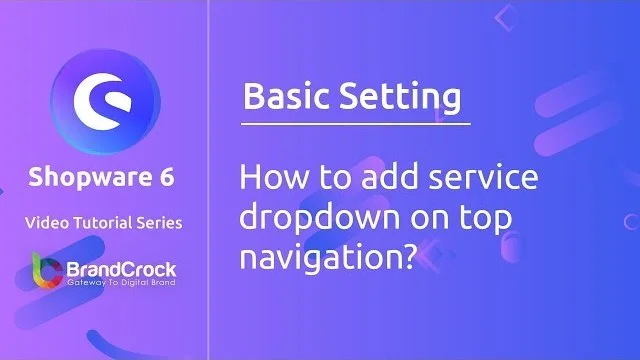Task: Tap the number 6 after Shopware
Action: coord(166,178)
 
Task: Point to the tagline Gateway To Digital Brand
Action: coord(120,284)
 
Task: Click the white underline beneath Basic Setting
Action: coord(355,123)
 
